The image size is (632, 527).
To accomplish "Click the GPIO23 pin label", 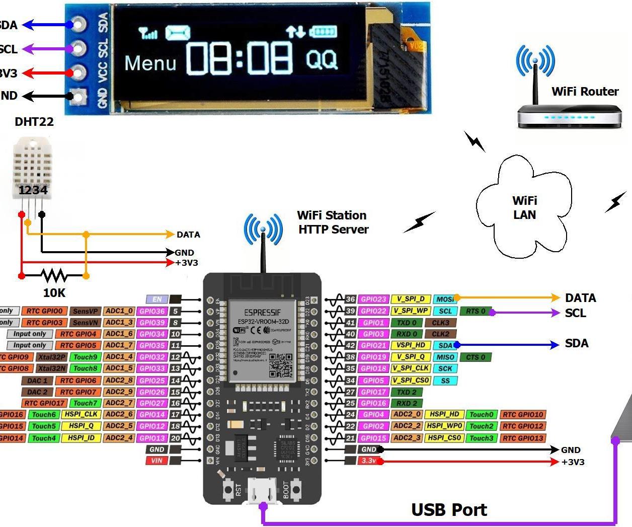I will [x=373, y=299].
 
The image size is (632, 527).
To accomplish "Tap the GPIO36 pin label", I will [x=152, y=312].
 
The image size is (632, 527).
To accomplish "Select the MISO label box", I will [x=445, y=357].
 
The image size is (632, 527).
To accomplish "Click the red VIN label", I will [x=157, y=460].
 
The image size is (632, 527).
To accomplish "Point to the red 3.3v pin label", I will [x=369, y=461].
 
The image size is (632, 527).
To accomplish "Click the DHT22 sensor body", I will [x=32, y=169].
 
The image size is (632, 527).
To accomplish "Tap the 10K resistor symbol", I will [x=54, y=275].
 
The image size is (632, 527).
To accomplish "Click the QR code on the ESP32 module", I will [x=280, y=364].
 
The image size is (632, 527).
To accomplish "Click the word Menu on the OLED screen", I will [x=150, y=63].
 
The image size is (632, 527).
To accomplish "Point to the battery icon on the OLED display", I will [x=323, y=32].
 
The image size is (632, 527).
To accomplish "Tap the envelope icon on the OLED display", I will [x=178, y=33].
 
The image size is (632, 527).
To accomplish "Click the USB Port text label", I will [x=449, y=509].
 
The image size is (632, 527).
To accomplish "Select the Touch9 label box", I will [x=85, y=357].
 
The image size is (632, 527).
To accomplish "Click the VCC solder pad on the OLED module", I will [x=78, y=72].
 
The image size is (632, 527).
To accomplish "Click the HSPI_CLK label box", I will [x=81, y=414].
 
